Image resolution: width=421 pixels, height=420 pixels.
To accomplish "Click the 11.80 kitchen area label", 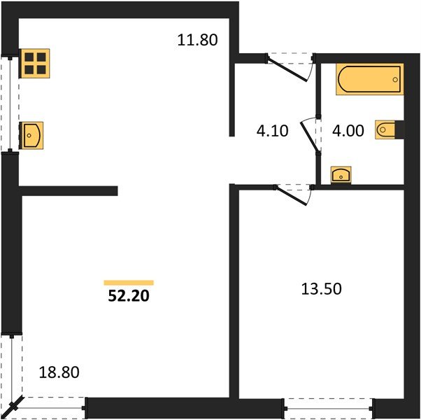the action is [x=197, y=40].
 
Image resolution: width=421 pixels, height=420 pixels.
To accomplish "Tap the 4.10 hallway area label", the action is [x=272, y=131].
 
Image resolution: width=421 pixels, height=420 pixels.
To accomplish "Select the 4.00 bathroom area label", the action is [x=348, y=131].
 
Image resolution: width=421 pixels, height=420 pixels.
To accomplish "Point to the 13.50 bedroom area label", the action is [x=322, y=289].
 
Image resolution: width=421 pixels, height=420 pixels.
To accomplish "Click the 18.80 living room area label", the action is [x=59, y=372].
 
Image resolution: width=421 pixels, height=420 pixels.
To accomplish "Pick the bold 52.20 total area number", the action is [x=129, y=296].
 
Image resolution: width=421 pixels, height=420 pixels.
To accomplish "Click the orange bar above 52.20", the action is [x=129, y=283].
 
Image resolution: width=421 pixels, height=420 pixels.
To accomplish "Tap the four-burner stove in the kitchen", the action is [x=35, y=64].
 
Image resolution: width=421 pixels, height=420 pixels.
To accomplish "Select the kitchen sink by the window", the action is [x=31, y=135].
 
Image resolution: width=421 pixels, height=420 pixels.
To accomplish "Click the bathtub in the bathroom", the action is [x=370, y=79].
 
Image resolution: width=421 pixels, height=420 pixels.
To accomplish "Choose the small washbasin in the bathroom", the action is [x=341, y=175].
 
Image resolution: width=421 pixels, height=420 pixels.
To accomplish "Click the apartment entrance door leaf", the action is [x=287, y=71].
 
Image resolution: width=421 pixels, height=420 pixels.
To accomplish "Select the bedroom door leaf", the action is [x=292, y=195].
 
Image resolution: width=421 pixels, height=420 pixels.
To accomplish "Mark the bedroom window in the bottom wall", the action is [x=329, y=409].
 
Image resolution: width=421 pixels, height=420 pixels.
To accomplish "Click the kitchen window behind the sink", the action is [x=10, y=104].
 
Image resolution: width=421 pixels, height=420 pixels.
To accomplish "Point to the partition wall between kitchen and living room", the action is [x=69, y=191].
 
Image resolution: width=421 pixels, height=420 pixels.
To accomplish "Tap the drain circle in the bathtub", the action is [x=395, y=80].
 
